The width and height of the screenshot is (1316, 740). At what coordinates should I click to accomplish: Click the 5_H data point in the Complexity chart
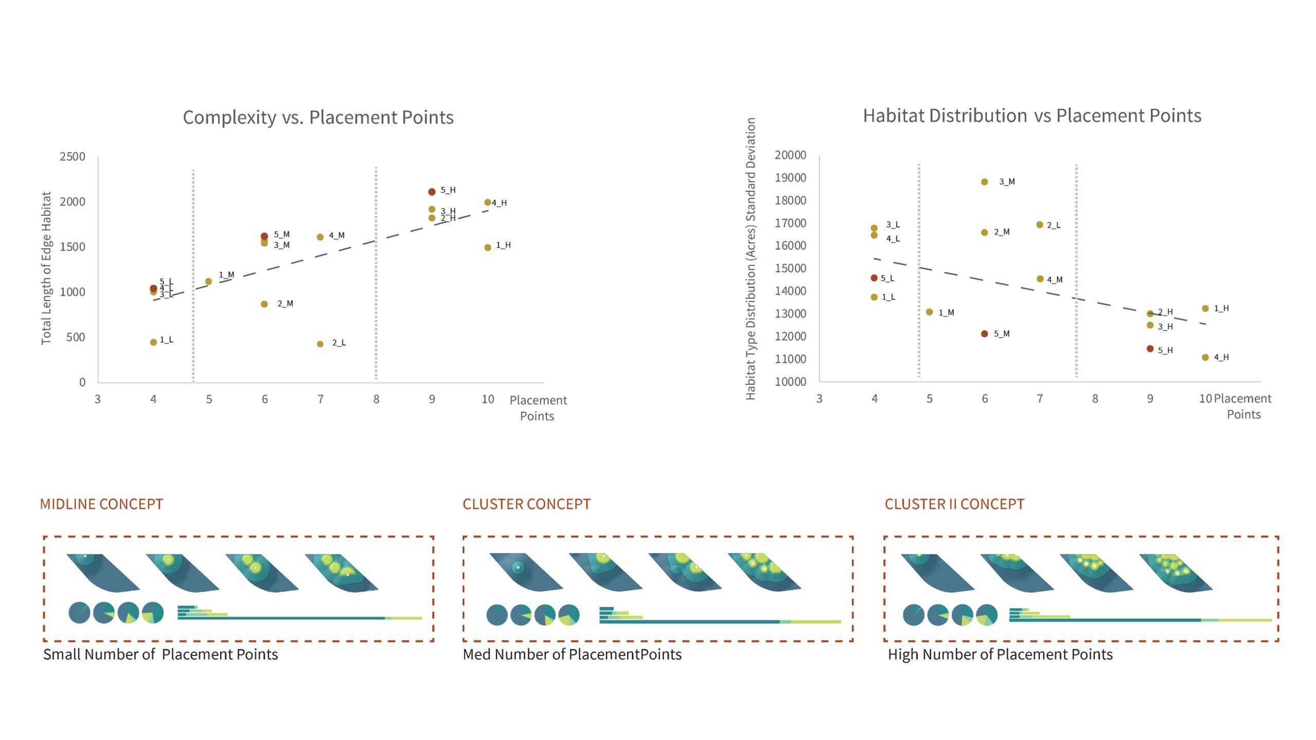tap(432, 192)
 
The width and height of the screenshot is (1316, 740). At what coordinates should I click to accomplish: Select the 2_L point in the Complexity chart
tap(320, 344)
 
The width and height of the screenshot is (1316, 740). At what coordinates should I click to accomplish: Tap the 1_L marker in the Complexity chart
tap(153, 342)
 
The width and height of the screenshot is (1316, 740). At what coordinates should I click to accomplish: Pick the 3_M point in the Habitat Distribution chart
tap(984, 182)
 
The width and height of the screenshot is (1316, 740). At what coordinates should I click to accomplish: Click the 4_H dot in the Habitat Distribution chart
tap(1205, 357)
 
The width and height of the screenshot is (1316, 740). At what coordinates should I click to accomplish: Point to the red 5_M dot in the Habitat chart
tap(984, 334)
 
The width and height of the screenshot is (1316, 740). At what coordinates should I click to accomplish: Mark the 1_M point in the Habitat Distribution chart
tap(929, 312)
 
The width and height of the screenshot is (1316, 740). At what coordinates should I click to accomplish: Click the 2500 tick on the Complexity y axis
tap(72, 157)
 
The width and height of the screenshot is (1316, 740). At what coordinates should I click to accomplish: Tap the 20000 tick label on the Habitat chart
tap(790, 155)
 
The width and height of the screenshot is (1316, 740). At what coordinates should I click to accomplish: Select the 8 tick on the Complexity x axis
tap(376, 399)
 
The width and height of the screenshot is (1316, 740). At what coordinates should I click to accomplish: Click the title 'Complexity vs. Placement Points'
tap(318, 118)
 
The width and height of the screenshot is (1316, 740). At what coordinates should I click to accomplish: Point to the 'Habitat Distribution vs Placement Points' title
tap(1032, 116)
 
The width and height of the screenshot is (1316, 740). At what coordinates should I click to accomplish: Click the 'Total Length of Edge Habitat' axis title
tap(47, 268)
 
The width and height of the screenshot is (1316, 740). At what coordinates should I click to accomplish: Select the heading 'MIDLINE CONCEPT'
tap(101, 504)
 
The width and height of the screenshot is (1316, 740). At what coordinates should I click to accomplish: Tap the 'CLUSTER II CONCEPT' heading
tap(954, 504)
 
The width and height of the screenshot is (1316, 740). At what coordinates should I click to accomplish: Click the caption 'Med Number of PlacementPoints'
tap(572, 655)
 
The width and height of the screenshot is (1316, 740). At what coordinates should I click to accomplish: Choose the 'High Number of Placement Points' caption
tap(1000, 655)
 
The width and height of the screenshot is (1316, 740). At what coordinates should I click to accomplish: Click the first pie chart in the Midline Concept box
tap(79, 613)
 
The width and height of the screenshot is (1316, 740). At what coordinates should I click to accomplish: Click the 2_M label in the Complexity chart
tap(285, 304)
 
